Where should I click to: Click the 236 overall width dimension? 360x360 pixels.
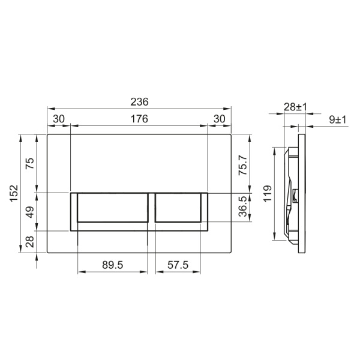(x=139, y=102)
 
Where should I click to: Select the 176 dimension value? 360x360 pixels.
(x=139, y=119)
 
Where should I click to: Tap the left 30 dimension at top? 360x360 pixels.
(x=58, y=119)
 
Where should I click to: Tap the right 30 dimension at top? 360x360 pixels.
(x=219, y=119)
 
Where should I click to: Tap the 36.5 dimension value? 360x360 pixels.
(x=242, y=207)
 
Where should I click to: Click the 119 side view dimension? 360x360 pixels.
(x=268, y=193)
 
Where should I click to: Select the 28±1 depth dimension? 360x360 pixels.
(x=295, y=107)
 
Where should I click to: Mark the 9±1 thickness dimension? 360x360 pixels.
(x=337, y=119)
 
